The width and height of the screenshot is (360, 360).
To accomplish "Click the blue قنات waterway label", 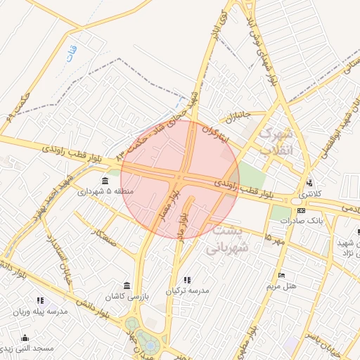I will coord(70,56).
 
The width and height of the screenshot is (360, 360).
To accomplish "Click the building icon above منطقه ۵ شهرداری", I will coord(105,181).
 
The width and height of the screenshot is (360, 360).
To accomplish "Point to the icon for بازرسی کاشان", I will coord(127,285).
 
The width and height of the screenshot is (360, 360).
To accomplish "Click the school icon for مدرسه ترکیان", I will coord(187,280).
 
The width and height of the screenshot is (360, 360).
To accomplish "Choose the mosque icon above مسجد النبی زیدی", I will coord(26,337).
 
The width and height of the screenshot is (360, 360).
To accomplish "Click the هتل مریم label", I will coord(281,286).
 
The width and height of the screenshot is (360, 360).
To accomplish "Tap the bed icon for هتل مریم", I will coord(281,275).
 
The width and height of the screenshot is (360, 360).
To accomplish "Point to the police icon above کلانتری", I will coord(310,184).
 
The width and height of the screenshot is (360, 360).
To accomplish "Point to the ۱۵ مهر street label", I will coord(271,238).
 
